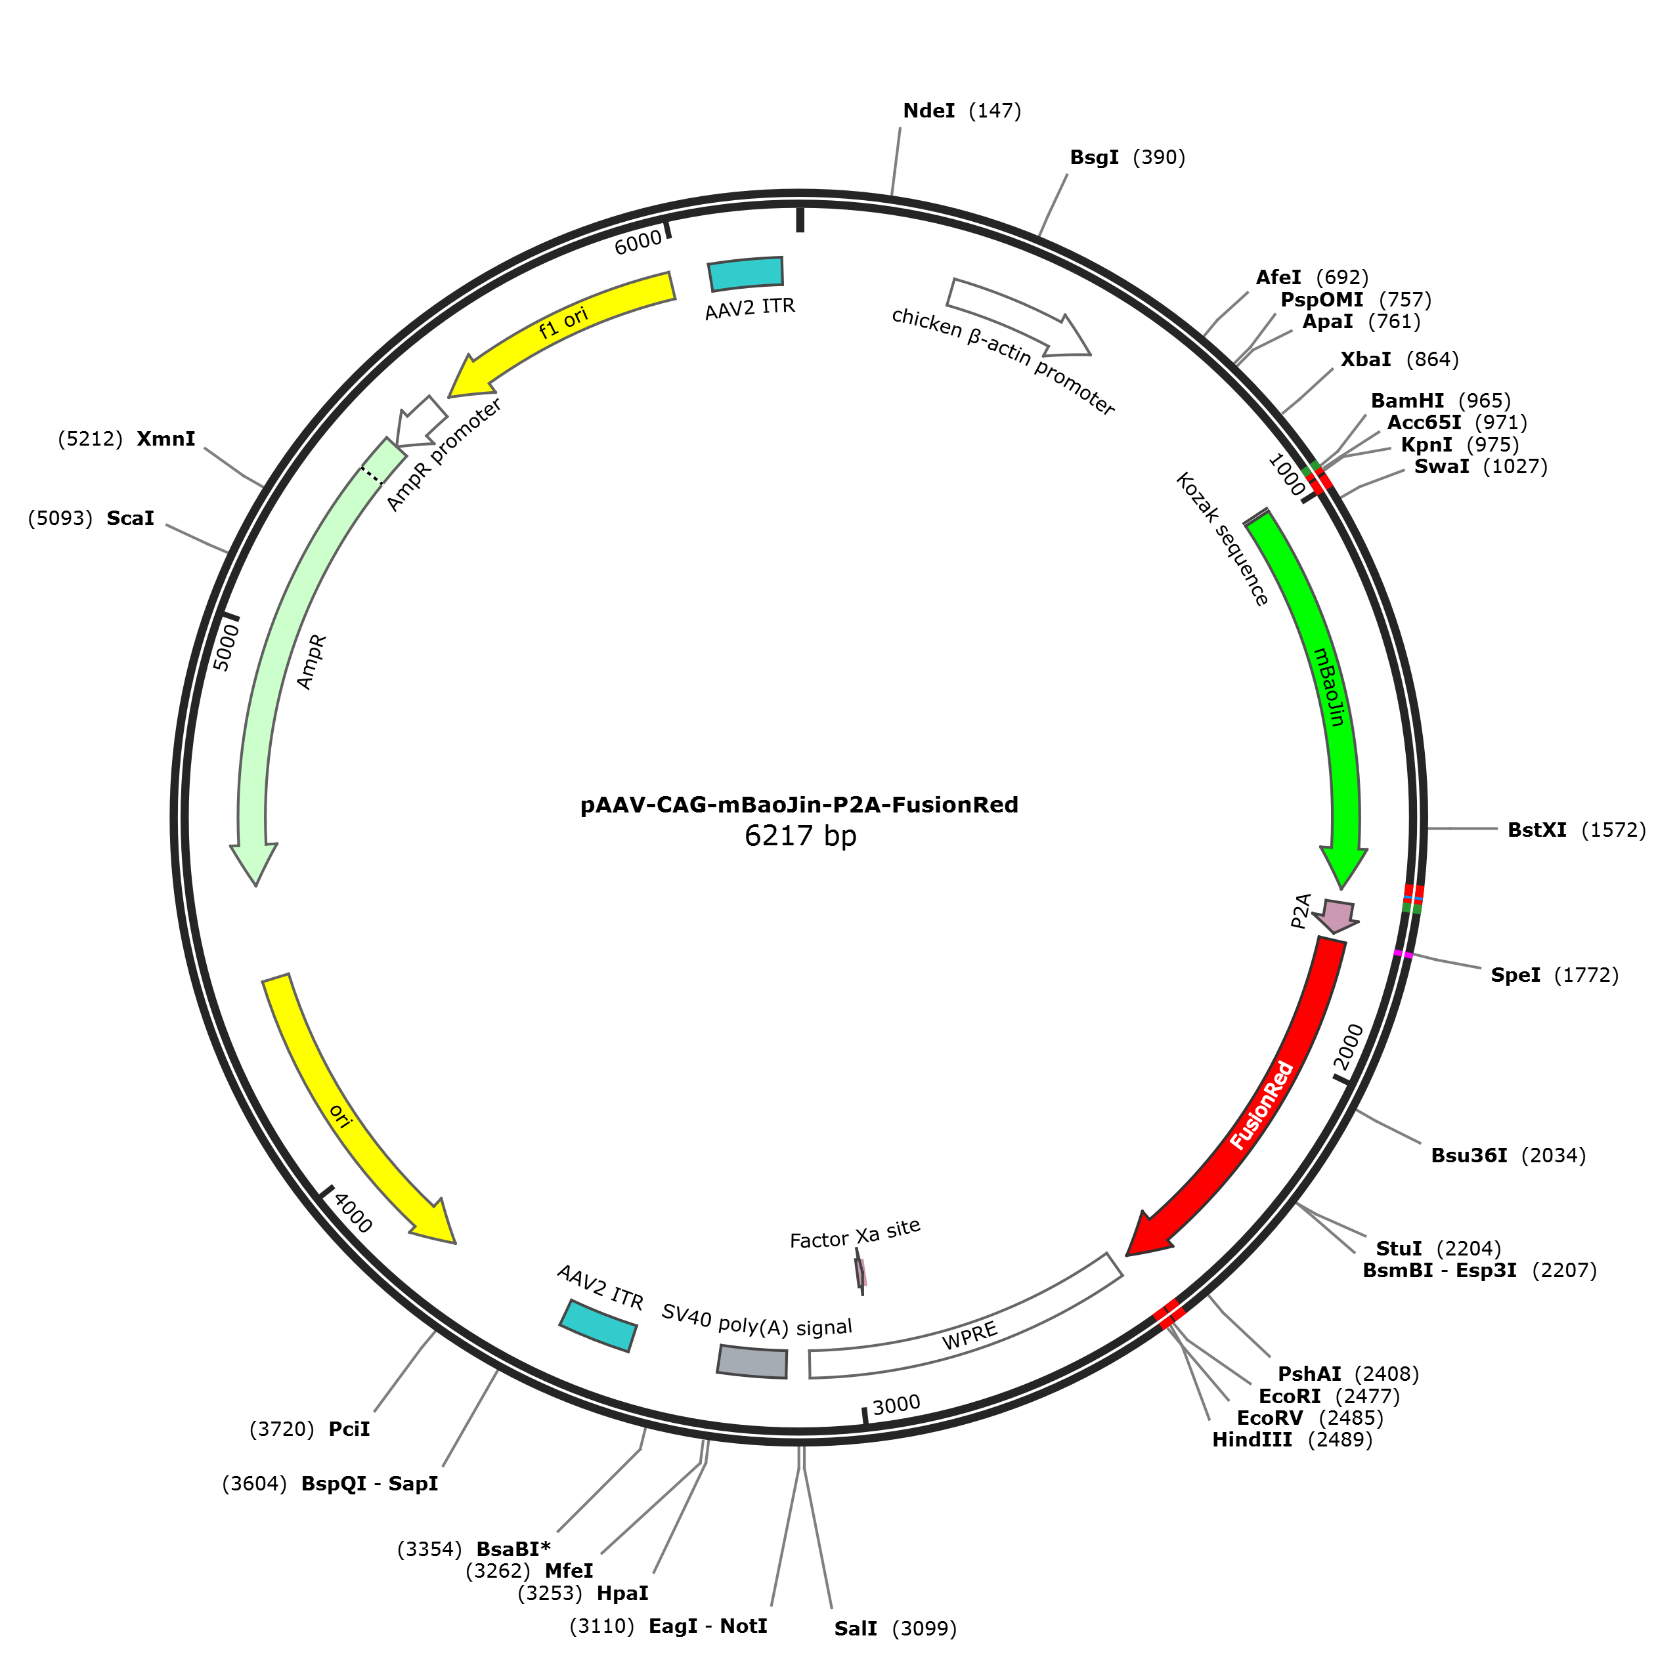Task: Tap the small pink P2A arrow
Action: coord(1337,916)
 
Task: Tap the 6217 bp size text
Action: coord(800,835)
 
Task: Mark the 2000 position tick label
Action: coord(1349,1048)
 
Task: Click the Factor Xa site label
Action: coord(855,1234)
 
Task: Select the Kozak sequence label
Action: coord(1222,539)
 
